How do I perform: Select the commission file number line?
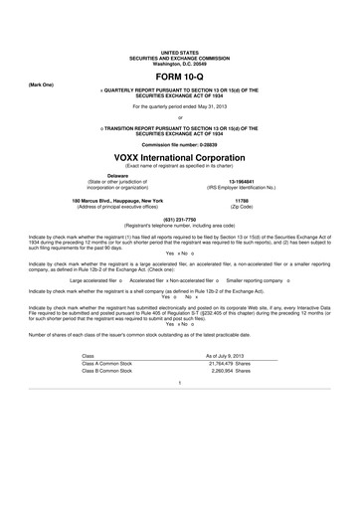coord(180,143)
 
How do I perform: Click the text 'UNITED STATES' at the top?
coord(180,49)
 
